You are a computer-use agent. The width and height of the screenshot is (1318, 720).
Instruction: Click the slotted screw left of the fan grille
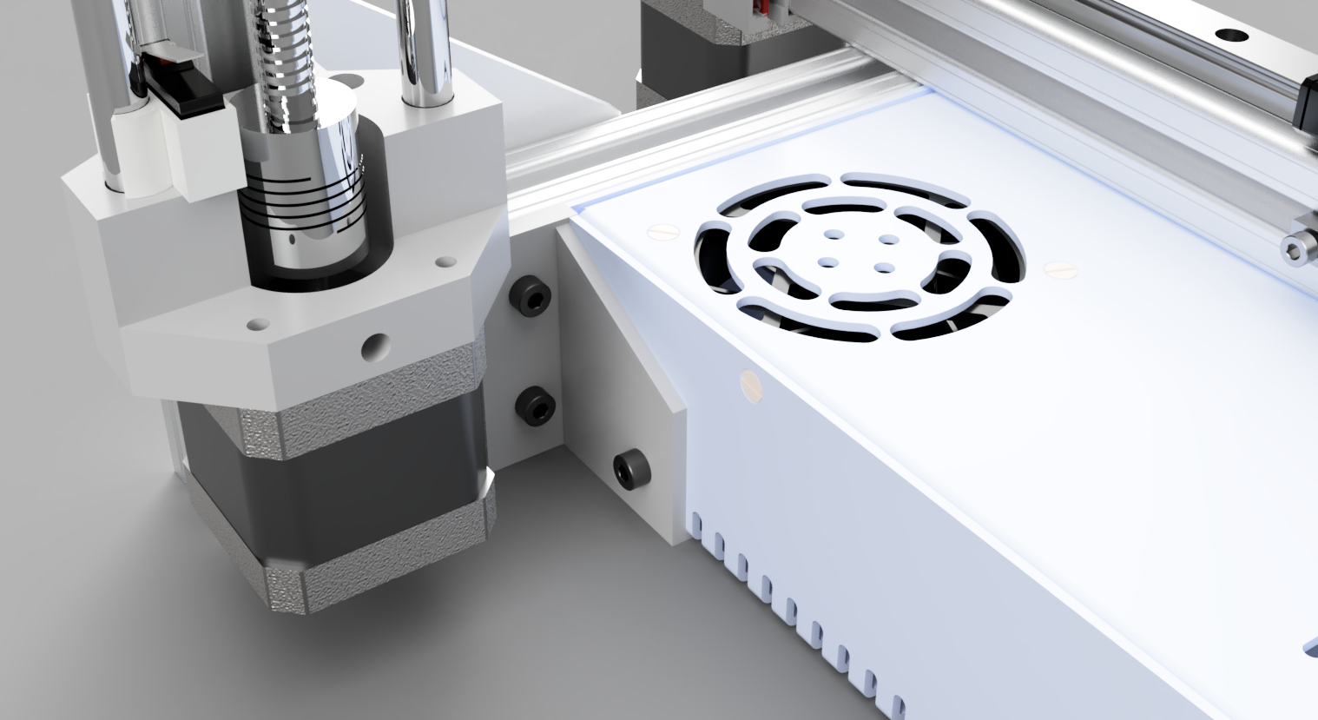click(x=662, y=232)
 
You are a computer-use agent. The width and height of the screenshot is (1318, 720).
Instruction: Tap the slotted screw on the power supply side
click(x=748, y=385)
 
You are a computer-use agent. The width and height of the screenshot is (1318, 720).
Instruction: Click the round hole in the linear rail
click(x=1229, y=36)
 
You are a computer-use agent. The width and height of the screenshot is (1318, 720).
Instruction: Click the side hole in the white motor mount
click(x=374, y=347)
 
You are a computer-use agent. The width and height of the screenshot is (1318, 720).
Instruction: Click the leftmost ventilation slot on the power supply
click(x=695, y=524)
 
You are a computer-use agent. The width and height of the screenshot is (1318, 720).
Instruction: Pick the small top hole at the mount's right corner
click(x=445, y=261)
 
